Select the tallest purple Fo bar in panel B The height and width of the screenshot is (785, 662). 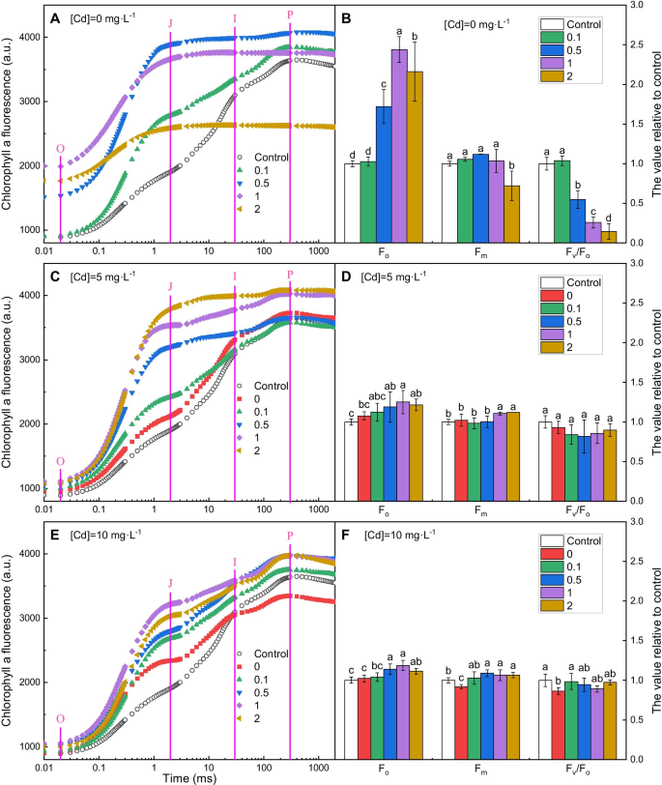coord(399,145)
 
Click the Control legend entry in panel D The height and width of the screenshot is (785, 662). coord(584,281)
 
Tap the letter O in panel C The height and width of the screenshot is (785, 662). coord(61,462)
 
